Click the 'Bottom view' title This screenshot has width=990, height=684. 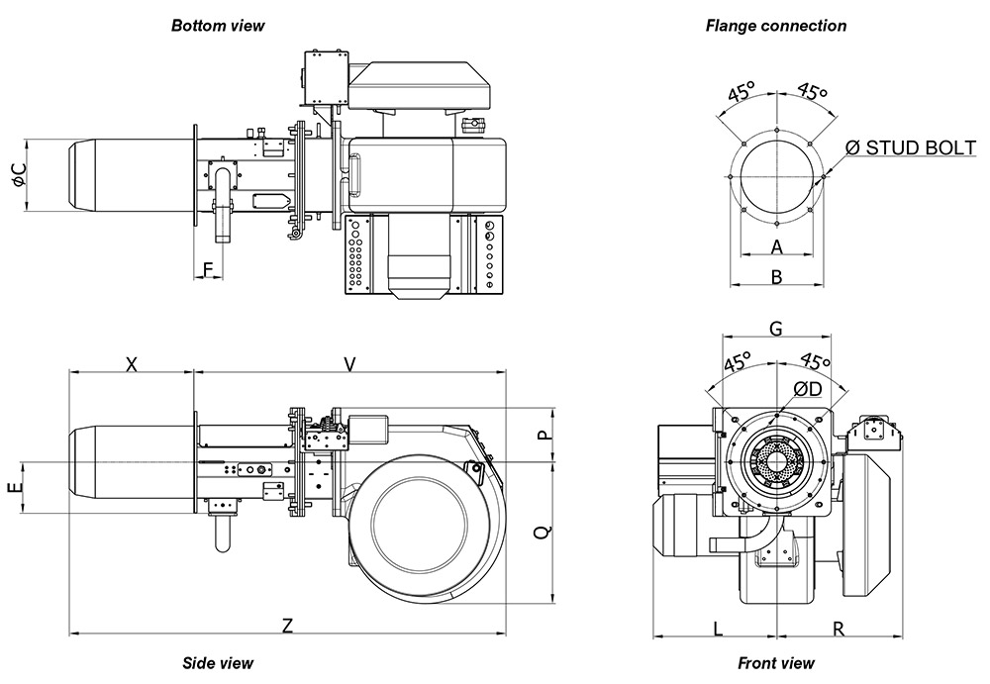pos(218,25)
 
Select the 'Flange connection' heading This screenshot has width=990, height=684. pos(776,26)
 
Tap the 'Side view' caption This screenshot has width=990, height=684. pos(218,663)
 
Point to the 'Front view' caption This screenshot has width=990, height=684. pos(776,663)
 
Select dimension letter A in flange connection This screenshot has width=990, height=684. pos(777,246)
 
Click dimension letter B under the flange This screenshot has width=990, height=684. pos(777,277)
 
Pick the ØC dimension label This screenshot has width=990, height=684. pos(19,176)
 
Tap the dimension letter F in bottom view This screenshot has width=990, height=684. pos(208,269)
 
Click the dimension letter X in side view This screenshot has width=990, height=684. pos(131,364)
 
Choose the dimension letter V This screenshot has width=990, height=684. pos(349,364)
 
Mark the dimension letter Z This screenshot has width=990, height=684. pos(287,626)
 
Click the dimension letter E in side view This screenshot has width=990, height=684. pos(13,489)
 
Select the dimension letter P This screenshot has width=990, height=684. pos(543,436)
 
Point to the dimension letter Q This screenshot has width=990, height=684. pos(543,532)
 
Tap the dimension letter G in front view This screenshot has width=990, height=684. pos(776,329)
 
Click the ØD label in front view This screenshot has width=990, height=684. pos(807,388)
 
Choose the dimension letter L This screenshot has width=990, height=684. pos(718,627)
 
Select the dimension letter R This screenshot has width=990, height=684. pos(838,627)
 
